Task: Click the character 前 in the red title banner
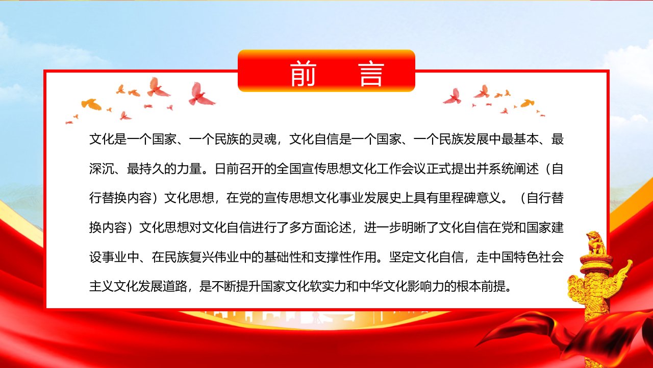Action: pos(303,73)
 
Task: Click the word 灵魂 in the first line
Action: pos(264,140)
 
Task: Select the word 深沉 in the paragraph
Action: pos(102,169)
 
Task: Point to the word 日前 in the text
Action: pos(227,169)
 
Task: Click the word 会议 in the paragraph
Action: pos(414,169)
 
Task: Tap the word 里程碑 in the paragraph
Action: pos(458,198)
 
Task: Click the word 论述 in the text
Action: pos(339,228)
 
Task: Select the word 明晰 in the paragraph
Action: pos(414,228)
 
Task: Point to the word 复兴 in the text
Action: pos(202,257)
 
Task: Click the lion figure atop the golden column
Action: pos(597,243)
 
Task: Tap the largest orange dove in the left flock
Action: pos(91,104)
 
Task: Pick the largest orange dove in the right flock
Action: pos(528,103)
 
